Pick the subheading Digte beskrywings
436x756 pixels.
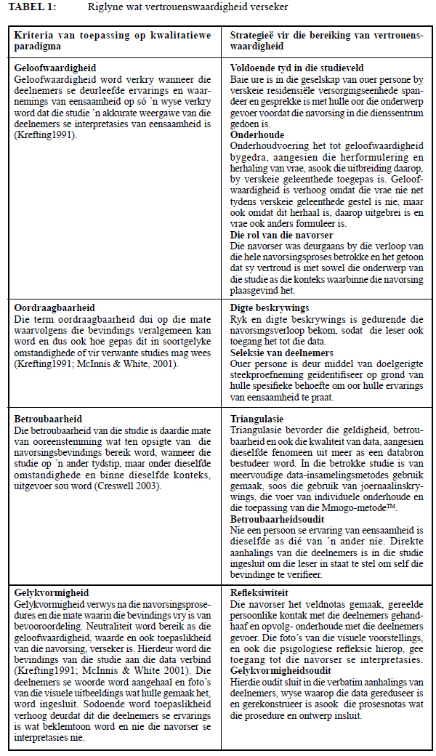(266, 307)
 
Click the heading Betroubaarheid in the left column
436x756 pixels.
(48, 419)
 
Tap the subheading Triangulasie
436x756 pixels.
(257, 419)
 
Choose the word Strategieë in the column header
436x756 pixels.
(254, 35)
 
